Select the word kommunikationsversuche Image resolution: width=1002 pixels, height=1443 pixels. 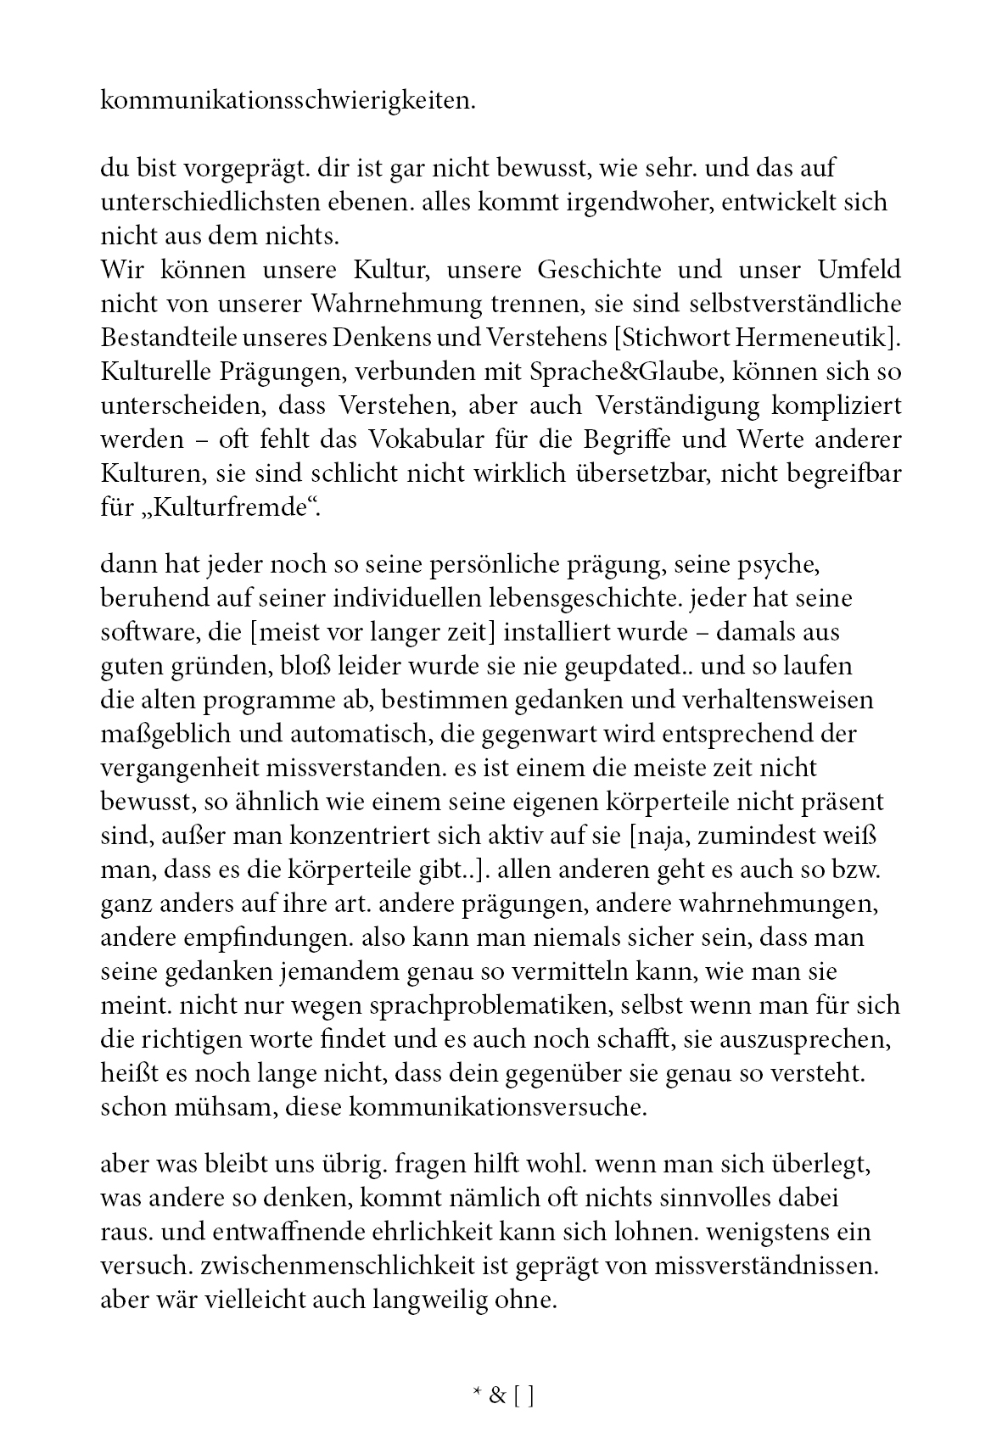[498, 1108]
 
